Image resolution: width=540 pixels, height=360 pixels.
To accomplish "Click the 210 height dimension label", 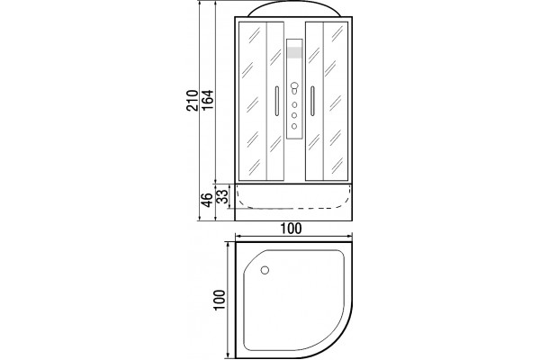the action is click(x=193, y=100).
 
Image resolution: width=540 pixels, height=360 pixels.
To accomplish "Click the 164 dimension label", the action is click(x=208, y=100).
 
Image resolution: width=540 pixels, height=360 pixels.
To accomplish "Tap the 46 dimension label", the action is click(x=207, y=200).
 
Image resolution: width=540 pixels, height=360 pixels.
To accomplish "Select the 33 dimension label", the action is click(x=223, y=196).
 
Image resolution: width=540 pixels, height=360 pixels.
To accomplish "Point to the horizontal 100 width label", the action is click(x=291, y=229).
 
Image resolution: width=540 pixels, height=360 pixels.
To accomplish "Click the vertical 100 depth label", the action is click(x=220, y=300).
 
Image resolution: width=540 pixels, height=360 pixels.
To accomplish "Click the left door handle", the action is click(x=276, y=101).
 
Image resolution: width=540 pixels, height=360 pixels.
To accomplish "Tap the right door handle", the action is click(x=312, y=101).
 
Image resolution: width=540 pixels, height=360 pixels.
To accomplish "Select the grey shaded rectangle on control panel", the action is click(x=294, y=53).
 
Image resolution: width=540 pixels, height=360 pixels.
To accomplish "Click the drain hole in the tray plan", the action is click(x=265, y=270).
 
